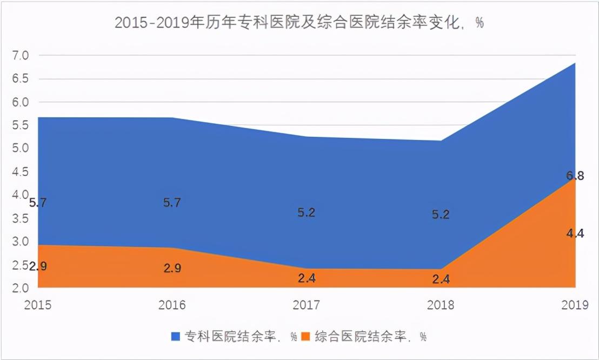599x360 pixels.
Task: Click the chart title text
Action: click(298, 23)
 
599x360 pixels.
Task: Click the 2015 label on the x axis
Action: click(37, 305)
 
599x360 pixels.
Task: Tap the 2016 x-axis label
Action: click(172, 305)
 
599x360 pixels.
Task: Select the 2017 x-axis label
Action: click(306, 305)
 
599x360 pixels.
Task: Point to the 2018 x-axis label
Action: click(441, 305)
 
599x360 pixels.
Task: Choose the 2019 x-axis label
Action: click(575, 305)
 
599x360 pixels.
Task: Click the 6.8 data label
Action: click(575, 176)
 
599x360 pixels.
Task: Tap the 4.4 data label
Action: click(575, 234)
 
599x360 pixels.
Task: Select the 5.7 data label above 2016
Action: click(172, 203)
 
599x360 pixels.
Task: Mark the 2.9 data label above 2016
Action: click(172, 268)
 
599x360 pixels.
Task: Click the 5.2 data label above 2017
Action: click(306, 212)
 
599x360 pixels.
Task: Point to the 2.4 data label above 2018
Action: click(441, 279)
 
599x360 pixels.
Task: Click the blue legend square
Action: click(176, 336)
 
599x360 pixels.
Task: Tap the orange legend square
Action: click(305, 336)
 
